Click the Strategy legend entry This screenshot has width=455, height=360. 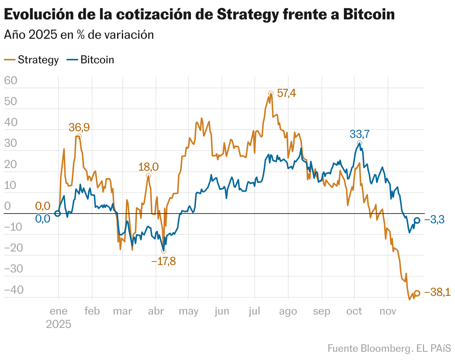tap(32, 60)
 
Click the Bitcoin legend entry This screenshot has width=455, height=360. tap(91, 60)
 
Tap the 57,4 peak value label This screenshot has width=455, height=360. tap(287, 93)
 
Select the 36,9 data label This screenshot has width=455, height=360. tap(79, 127)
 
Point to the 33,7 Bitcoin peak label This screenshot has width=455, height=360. tap(360, 134)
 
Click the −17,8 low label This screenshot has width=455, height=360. tap(163, 261)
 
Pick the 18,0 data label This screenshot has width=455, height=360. tap(148, 167)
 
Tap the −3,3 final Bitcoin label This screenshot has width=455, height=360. tap(434, 220)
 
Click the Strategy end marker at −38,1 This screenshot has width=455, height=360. tap(417, 293)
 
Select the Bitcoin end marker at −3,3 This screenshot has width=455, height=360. tap(417, 221)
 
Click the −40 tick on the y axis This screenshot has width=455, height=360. tap(13, 290)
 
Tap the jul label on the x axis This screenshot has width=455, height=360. tap(255, 311)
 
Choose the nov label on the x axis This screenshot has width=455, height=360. tap(388, 311)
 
